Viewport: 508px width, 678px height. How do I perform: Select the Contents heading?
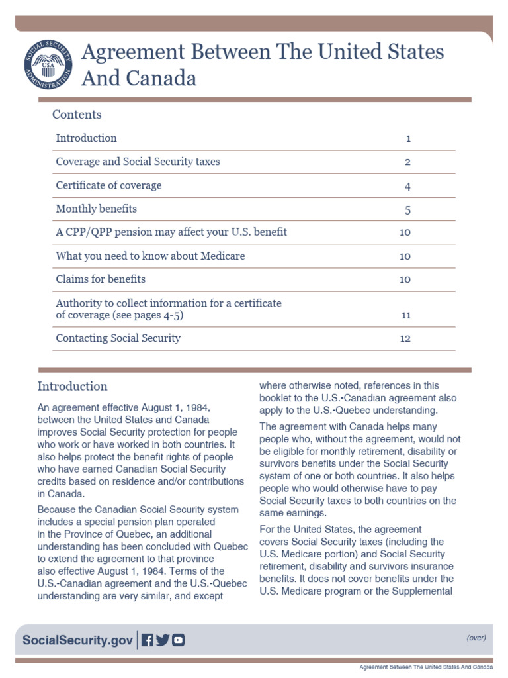click(77, 115)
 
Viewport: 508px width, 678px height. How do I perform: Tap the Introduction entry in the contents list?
click(86, 138)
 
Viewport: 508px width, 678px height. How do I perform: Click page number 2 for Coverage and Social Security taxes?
click(408, 162)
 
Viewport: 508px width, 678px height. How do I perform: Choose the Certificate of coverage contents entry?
click(108, 185)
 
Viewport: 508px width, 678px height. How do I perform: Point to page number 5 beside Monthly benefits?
click(408, 210)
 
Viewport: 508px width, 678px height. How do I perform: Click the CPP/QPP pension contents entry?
click(171, 232)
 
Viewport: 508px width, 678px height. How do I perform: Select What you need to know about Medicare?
click(150, 256)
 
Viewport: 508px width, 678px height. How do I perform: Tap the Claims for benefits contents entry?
click(101, 279)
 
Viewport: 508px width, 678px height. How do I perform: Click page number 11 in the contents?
click(406, 316)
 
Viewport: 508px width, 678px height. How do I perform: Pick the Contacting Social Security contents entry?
click(118, 338)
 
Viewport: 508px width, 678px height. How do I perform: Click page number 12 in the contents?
click(405, 339)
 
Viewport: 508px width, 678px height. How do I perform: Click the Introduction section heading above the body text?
click(72, 387)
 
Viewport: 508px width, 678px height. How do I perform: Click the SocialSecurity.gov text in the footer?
click(78, 640)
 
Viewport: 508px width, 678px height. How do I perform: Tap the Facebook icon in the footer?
click(148, 640)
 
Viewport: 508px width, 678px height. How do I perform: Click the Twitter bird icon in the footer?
click(163, 640)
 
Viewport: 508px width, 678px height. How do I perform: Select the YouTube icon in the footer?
click(178, 640)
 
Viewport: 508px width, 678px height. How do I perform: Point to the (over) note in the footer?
click(476, 638)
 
